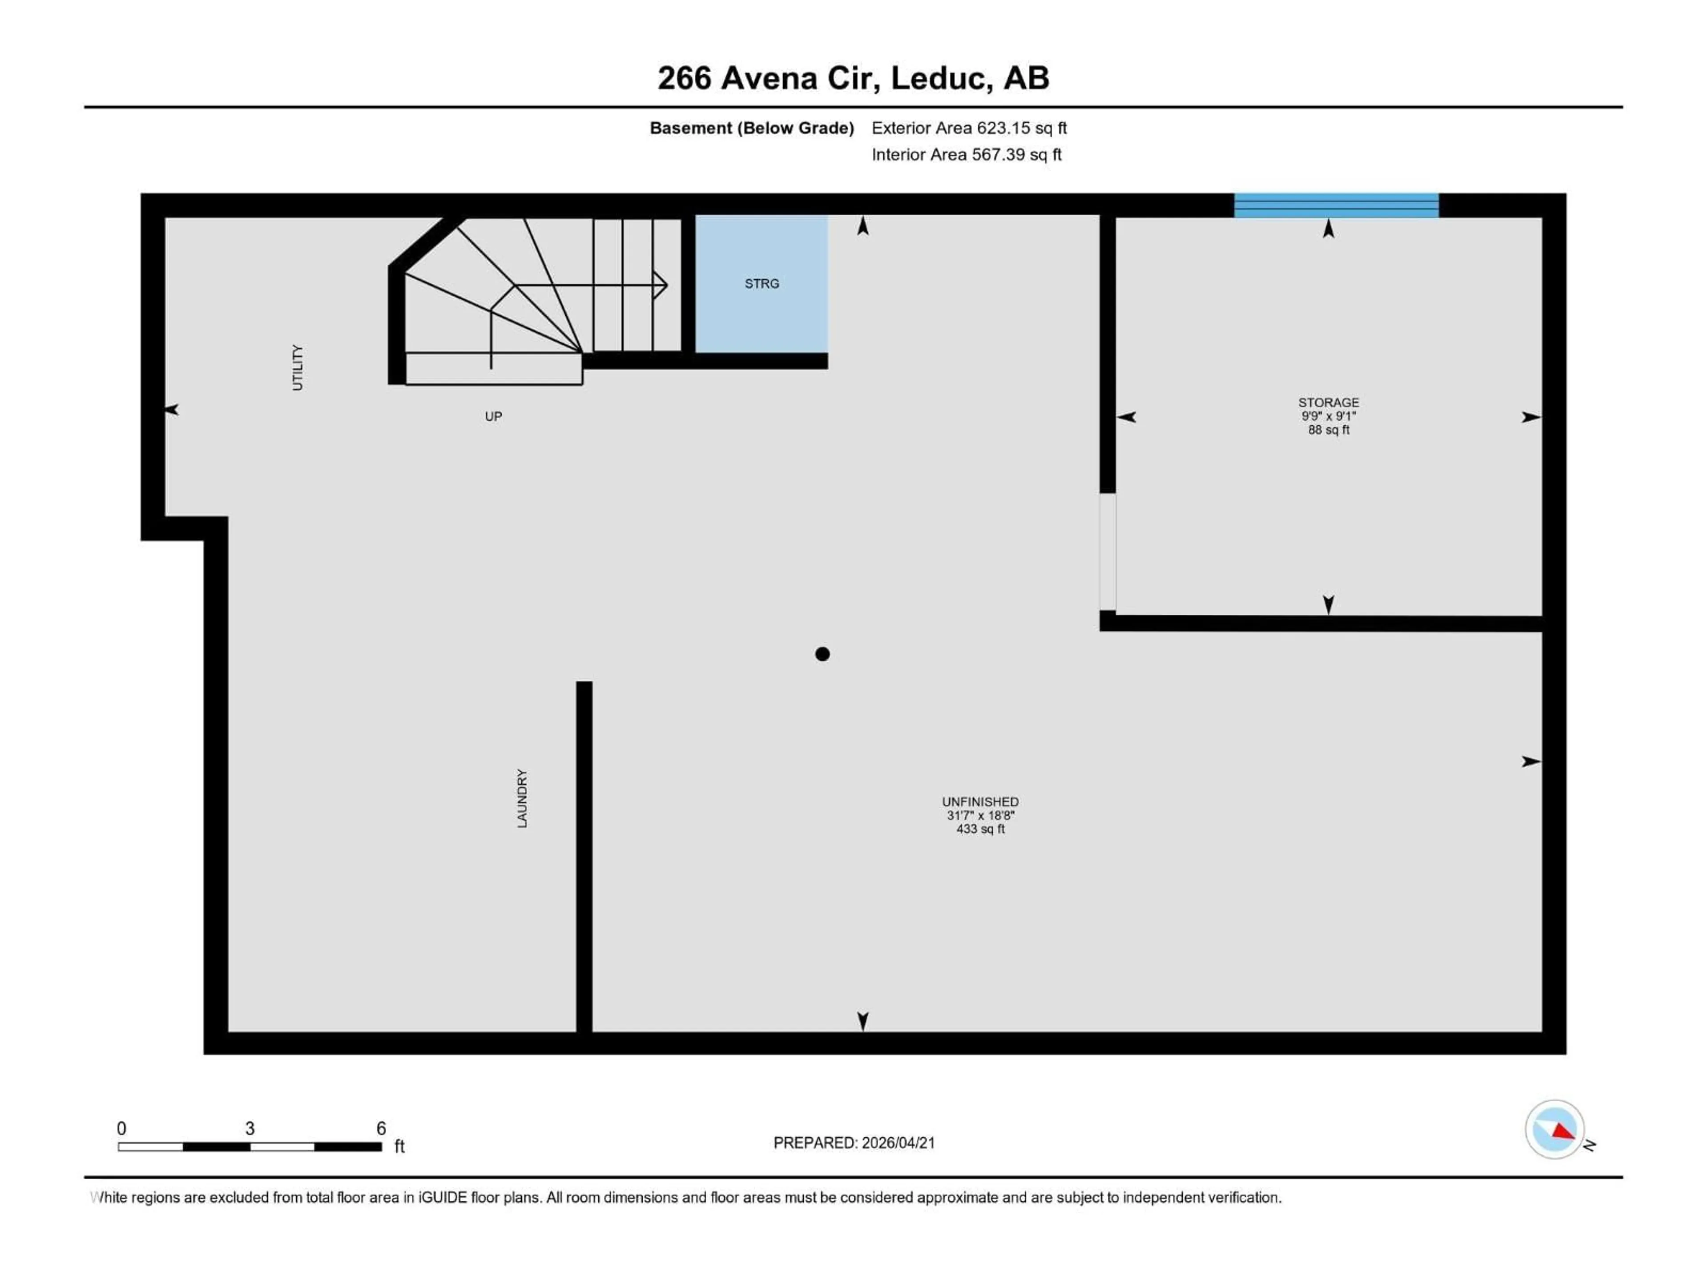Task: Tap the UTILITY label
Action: (297, 367)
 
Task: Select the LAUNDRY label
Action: (522, 798)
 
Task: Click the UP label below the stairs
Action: (493, 417)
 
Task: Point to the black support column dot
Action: (822, 654)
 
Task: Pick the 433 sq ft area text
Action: (980, 829)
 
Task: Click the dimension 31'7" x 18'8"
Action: (980, 815)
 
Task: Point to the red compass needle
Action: (1563, 1132)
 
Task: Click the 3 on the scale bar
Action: (250, 1128)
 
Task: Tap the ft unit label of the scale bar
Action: (399, 1147)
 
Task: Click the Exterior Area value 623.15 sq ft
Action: (1021, 128)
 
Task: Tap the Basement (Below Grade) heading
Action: (751, 128)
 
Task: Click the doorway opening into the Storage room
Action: (1107, 552)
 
